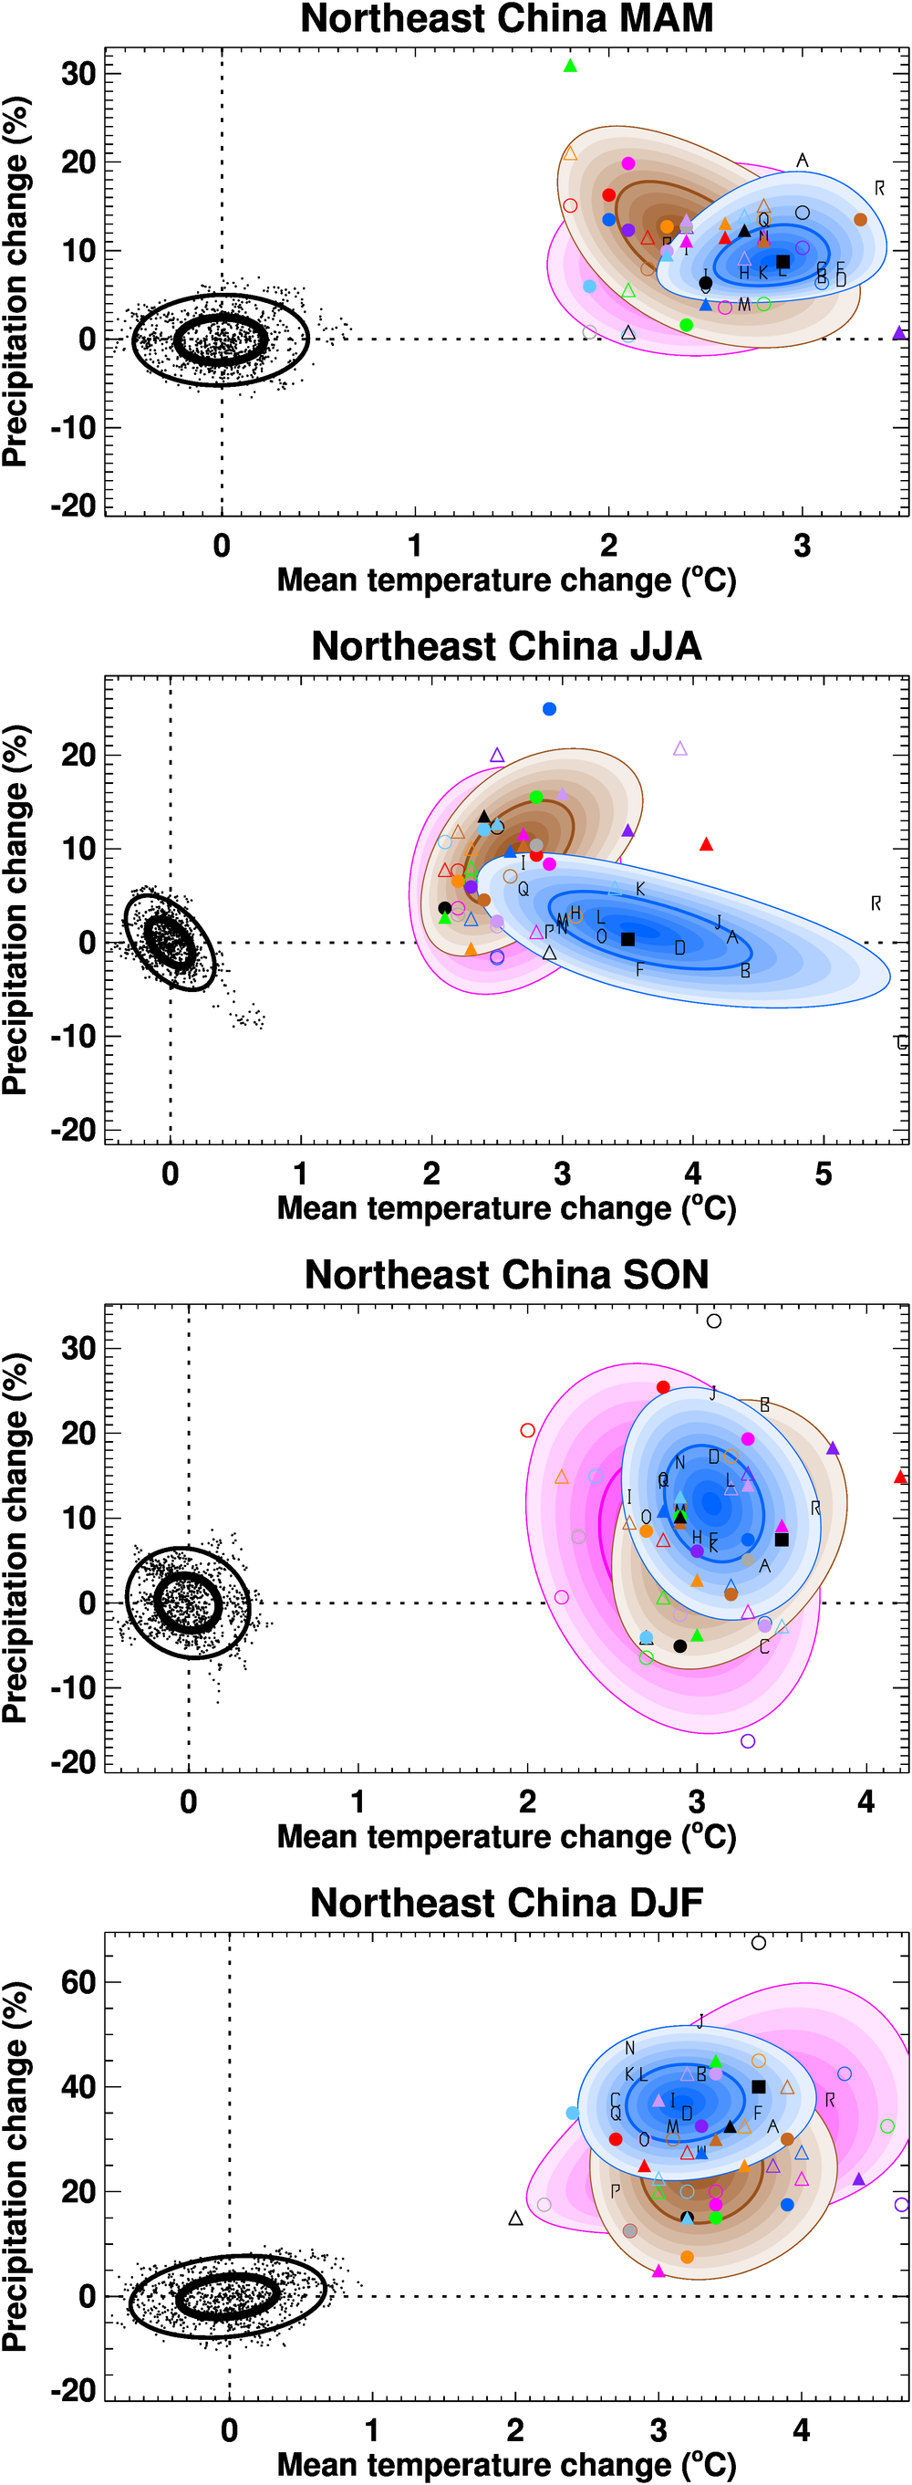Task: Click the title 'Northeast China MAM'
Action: coord(506,19)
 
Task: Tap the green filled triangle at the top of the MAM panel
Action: coord(570,67)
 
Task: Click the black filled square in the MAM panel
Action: coord(782,261)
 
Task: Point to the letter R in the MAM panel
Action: coord(879,188)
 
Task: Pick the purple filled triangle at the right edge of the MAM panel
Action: coord(898,333)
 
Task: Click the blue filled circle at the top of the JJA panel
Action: coord(550,709)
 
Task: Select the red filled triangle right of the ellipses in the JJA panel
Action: coord(706,845)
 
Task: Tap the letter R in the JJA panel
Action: coord(876,903)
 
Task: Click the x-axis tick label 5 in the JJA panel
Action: coord(824,1174)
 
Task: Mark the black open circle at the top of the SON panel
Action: coord(713,1321)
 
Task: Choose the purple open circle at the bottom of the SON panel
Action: coord(747,1741)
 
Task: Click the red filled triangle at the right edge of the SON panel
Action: coord(900,1477)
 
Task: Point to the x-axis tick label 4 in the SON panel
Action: coord(865,1801)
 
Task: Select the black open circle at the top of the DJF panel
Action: coord(759,1943)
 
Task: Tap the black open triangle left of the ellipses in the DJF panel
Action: coord(516,2218)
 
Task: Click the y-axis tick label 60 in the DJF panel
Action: coord(78,1983)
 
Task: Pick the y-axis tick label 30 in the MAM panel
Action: coord(78,73)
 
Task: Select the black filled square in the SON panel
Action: coord(782,1540)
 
